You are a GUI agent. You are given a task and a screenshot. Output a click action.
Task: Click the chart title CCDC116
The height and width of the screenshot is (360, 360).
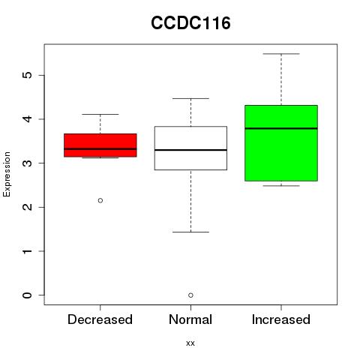pos(190,23)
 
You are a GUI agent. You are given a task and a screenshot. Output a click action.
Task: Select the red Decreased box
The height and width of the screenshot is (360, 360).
pos(100,145)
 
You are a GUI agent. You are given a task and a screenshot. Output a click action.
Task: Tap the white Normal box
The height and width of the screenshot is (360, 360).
pos(190,148)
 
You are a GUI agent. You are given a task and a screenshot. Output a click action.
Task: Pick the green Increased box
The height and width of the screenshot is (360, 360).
pos(281,143)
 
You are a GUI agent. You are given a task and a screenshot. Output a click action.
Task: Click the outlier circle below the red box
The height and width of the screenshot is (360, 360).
pos(100,200)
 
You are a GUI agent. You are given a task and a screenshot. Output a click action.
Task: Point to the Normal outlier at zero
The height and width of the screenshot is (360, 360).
pos(190,295)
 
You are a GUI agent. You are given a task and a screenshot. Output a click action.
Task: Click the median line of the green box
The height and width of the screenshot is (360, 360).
pos(281,128)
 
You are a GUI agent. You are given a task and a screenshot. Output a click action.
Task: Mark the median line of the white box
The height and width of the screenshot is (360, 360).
pos(190,150)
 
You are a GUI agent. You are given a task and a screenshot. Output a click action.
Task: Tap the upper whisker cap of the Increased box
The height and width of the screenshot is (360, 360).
pos(281,54)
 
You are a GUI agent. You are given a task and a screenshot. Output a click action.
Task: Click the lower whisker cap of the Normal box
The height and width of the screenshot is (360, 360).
pos(190,232)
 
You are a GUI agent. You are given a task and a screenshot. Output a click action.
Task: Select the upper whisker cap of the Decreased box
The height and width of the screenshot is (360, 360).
pos(100,114)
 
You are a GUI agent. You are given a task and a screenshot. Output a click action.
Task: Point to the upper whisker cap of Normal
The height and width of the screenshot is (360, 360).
pos(190,98)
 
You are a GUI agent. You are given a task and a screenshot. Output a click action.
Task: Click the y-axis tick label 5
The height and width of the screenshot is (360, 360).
pos(28,75)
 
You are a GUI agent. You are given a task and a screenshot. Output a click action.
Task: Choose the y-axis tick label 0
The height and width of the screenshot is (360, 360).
pos(28,295)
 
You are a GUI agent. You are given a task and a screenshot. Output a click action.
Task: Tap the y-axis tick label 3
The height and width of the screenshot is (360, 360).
pos(28,163)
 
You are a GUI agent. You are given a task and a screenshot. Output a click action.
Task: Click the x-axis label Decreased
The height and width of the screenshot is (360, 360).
pos(100,319)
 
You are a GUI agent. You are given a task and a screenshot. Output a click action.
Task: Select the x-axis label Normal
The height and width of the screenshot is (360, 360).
pos(190,319)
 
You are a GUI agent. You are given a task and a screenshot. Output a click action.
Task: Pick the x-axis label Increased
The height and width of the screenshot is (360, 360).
pos(281,319)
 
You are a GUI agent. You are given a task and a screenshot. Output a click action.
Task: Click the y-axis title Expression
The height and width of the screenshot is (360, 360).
pos(7,174)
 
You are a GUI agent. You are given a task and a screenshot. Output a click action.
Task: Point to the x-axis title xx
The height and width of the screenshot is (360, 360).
pos(190,343)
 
